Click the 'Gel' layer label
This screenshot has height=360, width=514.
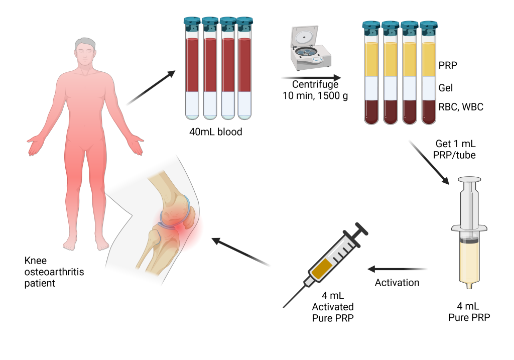(x=446, y=88)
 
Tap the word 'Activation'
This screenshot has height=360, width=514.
(x=397, y=283)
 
